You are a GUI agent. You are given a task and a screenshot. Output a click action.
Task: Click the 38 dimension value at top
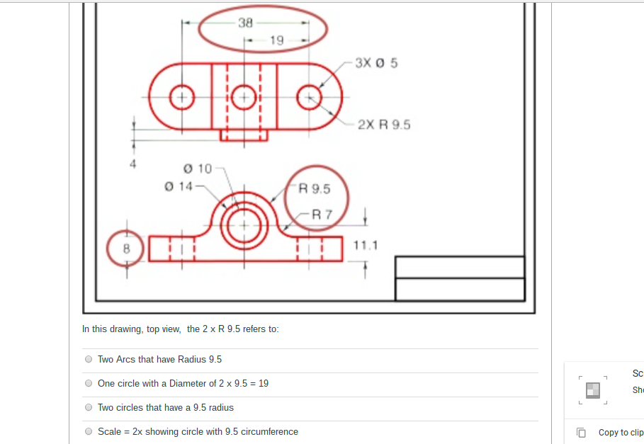coord(245,23)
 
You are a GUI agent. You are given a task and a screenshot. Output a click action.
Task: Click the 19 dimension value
coord(276,40)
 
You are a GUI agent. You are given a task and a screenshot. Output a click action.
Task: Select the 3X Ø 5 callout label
coord(376,63)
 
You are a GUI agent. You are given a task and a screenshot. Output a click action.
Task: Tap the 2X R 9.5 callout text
coord(383,125)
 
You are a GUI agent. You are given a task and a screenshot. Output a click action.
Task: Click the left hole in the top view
coord(182,97)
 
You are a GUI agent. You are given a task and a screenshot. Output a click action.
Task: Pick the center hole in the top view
coord(244,97)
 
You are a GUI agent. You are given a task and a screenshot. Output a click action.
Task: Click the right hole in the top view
coord(309,97)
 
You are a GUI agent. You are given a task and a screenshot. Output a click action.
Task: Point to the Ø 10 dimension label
coord(197,169)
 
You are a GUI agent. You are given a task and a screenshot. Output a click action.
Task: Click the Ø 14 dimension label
coord(178,186)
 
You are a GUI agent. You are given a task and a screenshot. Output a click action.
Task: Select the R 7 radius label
coord(322,214)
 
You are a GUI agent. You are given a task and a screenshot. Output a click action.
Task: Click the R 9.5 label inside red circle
coord(315,189)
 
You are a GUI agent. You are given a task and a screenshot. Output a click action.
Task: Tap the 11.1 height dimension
coord(366,246)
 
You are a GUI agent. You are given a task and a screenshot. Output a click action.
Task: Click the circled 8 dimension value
coord(127,249)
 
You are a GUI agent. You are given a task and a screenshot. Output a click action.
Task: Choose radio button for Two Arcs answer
coord(89,359)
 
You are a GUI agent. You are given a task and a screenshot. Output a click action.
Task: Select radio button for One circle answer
coord(89,383)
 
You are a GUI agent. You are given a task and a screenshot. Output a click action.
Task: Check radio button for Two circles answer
coord(89,407)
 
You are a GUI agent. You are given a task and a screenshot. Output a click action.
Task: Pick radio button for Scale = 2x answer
coord(89,431)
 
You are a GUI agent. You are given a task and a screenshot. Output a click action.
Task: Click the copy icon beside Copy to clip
coord(581,432)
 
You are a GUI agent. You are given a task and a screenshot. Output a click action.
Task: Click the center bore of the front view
coord(244,224)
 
